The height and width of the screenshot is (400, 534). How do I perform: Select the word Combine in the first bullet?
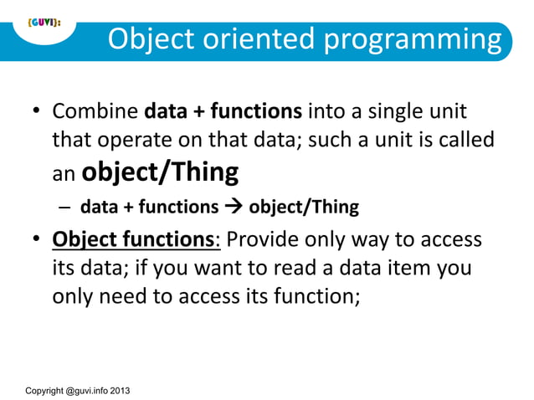click(x=95, y=111)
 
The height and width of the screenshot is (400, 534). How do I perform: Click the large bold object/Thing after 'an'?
click(x=162, y=172)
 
